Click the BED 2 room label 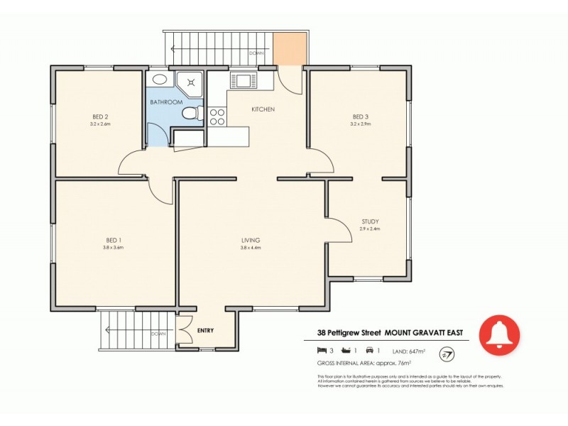tap(100, 116)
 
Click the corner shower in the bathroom tap(190, 84)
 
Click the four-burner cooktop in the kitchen tap(217, 116)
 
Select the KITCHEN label tap(263, 109)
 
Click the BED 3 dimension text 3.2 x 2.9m tap(361, 124)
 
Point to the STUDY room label tap(370, 221)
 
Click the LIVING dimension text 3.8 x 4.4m tap(251, 248)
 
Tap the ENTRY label tap(205, 331)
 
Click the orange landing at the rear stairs tap(291, 47)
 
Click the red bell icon tap(499, 334)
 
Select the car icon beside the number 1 tap(370, 351)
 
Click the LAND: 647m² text tap(408, 351)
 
